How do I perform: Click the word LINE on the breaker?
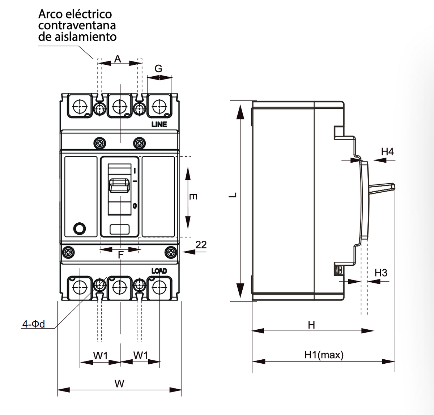159,124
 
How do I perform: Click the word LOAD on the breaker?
159,271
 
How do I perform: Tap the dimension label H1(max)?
324,355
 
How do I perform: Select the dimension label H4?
387,151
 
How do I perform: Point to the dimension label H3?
381,273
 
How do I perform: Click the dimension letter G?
158,69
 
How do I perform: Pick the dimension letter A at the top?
118,59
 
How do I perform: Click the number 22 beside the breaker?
201,245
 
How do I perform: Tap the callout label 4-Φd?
33,324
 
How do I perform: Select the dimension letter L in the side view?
233,195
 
